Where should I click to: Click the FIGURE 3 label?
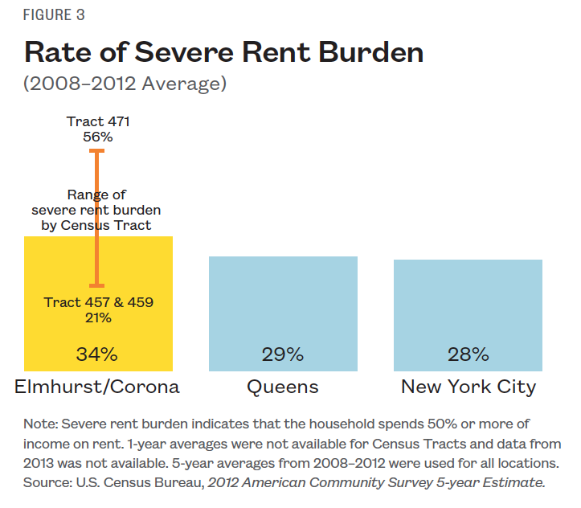pos(55,15)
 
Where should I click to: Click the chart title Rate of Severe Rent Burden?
pos(224,52)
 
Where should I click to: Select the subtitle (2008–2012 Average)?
pos(124,83)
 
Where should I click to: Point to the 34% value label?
pos(98,354)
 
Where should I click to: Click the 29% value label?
pos(283,354)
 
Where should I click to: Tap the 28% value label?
pos(468,354)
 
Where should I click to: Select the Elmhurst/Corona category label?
pos(97,387)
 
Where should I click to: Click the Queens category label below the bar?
pos(283,387)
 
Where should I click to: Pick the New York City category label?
pos(468,387)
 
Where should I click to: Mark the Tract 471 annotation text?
pos(98,122)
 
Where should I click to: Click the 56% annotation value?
pos(98,137)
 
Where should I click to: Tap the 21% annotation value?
pos(98,317)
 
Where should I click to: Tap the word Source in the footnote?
pos(48,482)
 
